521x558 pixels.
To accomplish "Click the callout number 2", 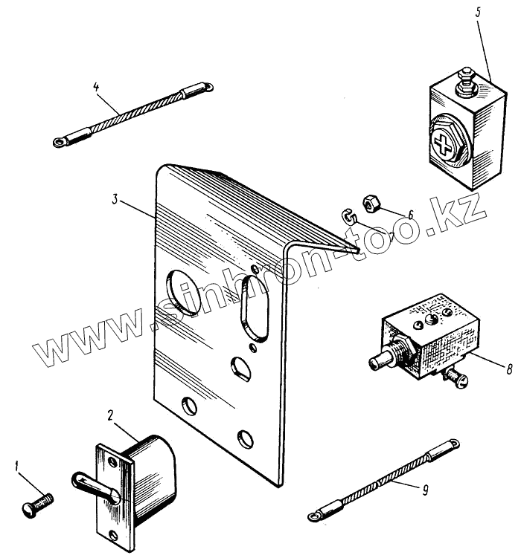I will [109, 415].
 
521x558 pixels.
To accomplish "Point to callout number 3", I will [115, 199].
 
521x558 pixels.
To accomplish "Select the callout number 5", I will [479, 13].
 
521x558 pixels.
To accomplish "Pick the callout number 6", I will [409, 214].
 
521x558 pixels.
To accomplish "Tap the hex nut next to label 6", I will [372, 202].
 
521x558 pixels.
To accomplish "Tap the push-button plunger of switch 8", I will [379, 363].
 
